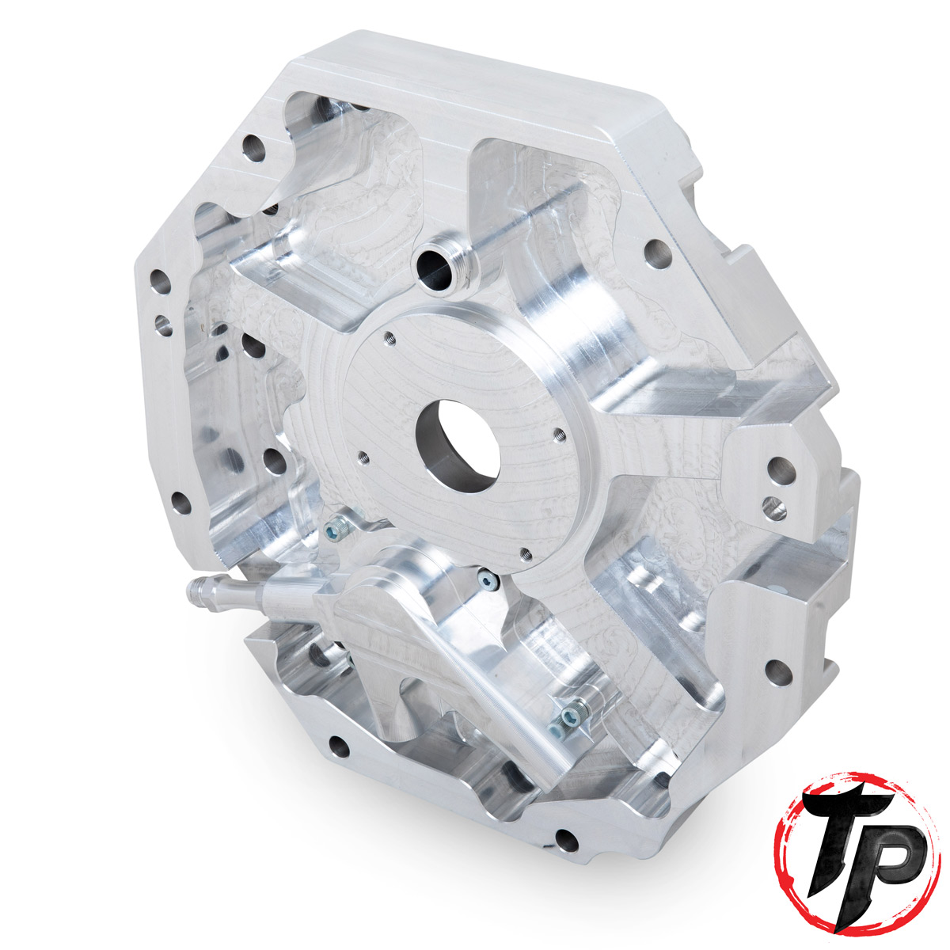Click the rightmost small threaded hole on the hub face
coord(559,432)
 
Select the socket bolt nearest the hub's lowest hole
coord(487,582)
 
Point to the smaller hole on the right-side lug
coord(769,503)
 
